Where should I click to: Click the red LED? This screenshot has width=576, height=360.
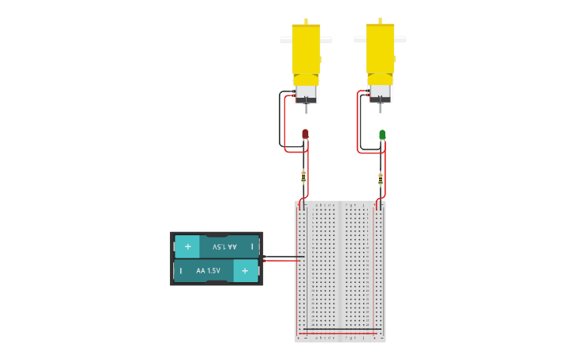click(305, 134)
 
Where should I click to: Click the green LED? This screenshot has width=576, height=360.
click(382, 135)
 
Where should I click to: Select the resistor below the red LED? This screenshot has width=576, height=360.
click(303, 176)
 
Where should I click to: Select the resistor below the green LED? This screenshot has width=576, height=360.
click(381, 177)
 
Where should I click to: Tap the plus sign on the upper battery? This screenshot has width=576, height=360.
click(187, 246)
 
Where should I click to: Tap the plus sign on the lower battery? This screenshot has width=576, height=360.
click(245, 271)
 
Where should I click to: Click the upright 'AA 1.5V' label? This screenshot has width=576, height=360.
click(208, 271)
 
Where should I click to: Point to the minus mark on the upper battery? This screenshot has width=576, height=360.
click(252, 246)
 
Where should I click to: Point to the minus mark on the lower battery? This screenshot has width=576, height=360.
click(181, 271)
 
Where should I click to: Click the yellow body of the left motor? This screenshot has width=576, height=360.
click(306, 49)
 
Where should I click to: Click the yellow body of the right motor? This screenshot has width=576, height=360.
click(380, 48)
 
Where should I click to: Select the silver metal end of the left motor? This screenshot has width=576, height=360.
click(306, 93)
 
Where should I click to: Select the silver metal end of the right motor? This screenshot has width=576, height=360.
click(380, 92)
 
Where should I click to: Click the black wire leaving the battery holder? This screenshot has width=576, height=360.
click(282, 257)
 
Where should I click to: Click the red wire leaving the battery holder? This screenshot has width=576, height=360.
click(282, 261)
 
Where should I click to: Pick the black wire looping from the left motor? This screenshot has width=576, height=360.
click(280, 119)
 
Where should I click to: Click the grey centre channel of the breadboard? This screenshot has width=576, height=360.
click(340, 270)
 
